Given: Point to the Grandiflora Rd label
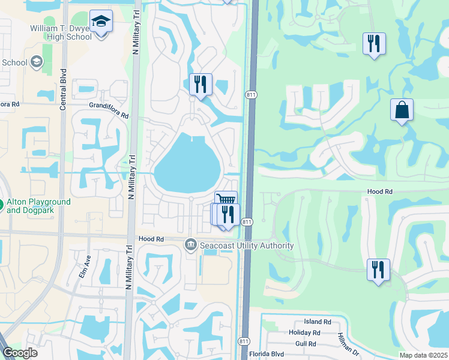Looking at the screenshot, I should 109,110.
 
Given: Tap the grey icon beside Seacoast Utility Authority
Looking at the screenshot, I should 191,245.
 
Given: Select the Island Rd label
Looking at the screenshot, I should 318,322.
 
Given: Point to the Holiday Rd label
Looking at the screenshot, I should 304,332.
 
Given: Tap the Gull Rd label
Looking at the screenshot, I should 306,344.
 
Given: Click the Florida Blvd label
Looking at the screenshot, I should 265,353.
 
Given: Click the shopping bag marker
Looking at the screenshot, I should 402,110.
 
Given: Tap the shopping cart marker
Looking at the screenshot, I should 226,200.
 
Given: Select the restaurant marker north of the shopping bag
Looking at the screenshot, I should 373,43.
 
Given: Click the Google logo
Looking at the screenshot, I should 20,353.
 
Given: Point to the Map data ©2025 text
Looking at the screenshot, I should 423,355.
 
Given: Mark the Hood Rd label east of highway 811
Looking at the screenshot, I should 379,191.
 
